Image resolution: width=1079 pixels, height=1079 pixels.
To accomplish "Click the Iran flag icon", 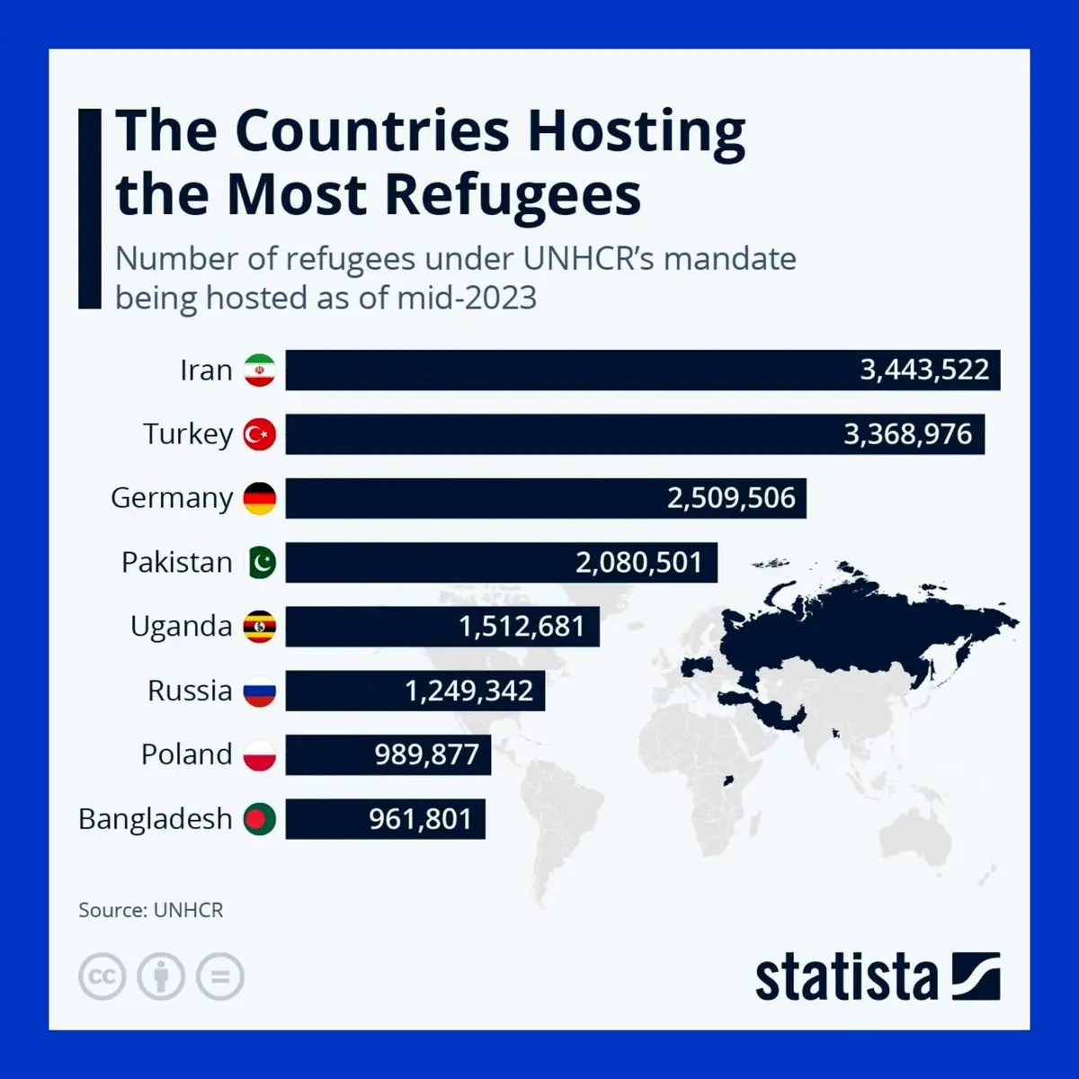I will [x=260, y=370].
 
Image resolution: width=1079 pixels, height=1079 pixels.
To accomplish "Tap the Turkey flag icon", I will [x=260, y=434].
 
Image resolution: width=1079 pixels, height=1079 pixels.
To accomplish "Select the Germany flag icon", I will [x=260, y=498].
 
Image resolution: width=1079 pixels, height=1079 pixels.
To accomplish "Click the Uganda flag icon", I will [x=260, y=627].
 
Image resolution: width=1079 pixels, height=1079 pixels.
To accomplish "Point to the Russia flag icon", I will [x=260, y=691].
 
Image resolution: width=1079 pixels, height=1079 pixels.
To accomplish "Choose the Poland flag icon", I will [x=260, y=754].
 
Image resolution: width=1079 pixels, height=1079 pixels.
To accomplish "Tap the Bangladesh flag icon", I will [x=260, y=818].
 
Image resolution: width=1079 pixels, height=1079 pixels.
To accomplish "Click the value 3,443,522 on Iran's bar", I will [x=924, y=370].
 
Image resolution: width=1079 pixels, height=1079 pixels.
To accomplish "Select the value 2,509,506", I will [x=731, y=498].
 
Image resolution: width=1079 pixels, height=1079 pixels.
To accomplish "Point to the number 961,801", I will [x=420, y=819].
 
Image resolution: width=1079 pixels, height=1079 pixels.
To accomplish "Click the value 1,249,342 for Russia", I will [x=468, y=691].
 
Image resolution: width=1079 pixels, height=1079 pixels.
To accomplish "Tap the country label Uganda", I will [x=181, y=627].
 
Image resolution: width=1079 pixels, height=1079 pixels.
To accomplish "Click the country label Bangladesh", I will [x=156, y=819].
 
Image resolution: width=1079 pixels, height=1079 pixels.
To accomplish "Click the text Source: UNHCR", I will [x=150, y=910].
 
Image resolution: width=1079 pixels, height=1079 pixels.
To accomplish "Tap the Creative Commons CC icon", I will [x=102, y=976].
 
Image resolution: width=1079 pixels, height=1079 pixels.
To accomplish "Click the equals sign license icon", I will [x=220, y=976].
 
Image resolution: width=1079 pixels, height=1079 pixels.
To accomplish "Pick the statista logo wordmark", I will [x=846, y=978].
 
